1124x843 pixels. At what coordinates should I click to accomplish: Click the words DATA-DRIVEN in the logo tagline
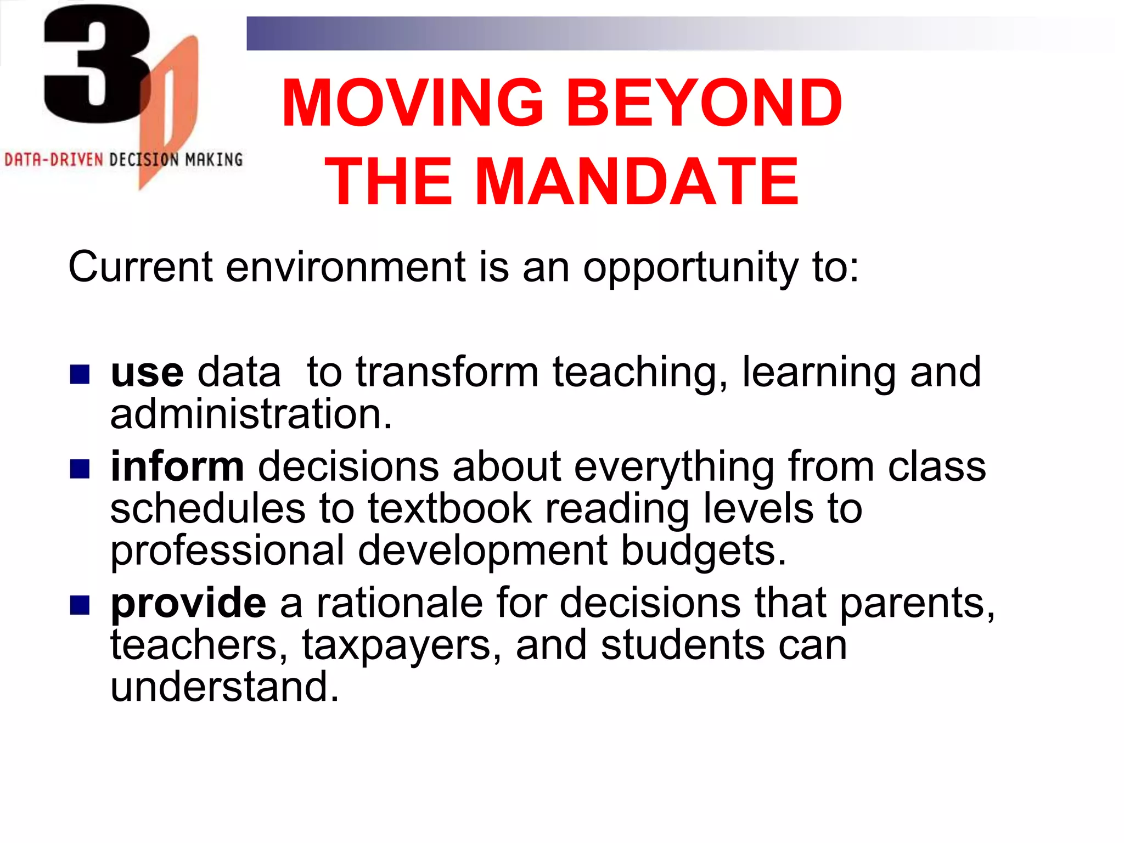(54, 160)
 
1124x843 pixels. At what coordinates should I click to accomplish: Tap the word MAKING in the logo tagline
(213, 160)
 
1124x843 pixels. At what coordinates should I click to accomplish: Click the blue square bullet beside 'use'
(80, 375)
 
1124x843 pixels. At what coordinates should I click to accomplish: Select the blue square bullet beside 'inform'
(80, 469)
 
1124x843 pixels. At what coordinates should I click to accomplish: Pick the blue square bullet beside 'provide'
(80, 605)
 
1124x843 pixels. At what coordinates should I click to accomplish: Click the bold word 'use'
(147, 373)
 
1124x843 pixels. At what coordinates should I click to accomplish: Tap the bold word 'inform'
(177, 467)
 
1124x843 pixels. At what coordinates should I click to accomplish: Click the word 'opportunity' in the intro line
(690, 268)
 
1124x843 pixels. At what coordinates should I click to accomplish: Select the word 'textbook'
(449, 509)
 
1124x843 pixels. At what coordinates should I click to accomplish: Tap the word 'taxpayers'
(398, 645)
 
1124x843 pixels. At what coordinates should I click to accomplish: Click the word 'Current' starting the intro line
(140, 267)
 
